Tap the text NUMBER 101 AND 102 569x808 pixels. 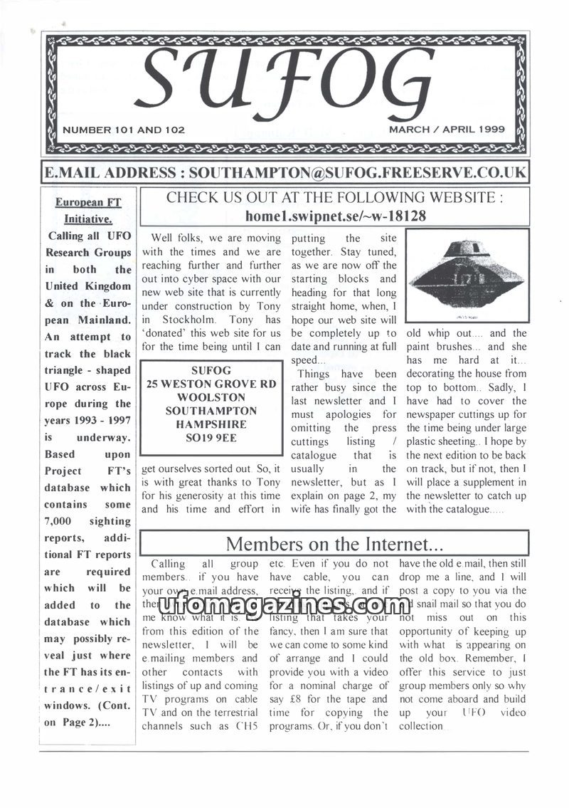tap(124, 130)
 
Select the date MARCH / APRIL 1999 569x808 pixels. tap(447, 130)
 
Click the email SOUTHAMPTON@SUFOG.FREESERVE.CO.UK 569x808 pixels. tap(358, 172)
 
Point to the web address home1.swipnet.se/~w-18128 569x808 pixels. tap(335, 216)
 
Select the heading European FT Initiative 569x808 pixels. tap(89, 211)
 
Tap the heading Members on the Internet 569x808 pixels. tap(334, 544)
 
